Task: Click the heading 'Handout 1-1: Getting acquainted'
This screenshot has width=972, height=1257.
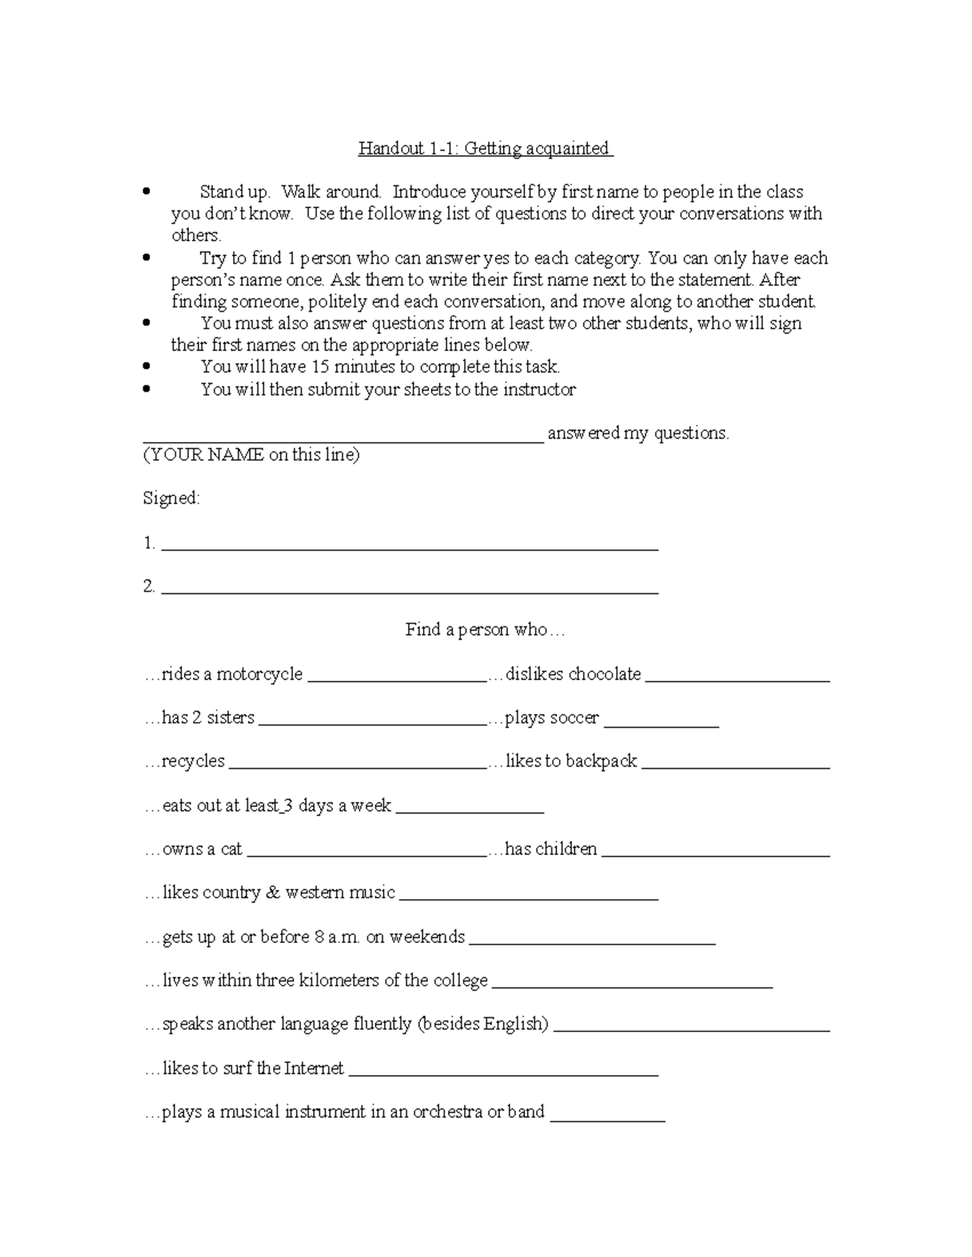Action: click(485, 148)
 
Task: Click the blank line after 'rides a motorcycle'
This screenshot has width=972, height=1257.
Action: click(396, 681)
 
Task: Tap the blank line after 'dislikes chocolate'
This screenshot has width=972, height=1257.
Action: click(737, 681)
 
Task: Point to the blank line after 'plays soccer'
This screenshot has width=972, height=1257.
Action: click(661, 725)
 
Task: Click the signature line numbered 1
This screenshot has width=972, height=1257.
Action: click(409, 550)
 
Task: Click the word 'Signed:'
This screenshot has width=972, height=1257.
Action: click(171, 499)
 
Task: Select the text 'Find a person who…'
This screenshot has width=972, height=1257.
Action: click(485, 630)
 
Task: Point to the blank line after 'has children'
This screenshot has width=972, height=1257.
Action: click(716, 856)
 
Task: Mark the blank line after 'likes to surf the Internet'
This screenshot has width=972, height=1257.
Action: click(503, 1075)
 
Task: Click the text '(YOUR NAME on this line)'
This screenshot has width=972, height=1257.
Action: click(251, 455)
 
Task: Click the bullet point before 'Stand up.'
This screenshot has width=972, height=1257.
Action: click(147, 192)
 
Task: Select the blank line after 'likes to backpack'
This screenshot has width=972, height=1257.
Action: click(735, 768)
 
